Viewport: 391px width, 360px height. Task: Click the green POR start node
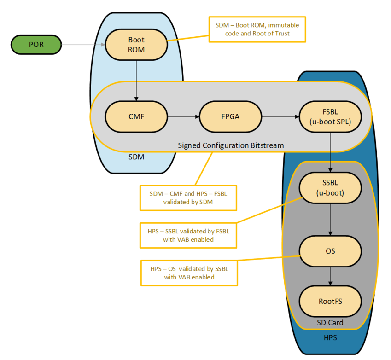36,45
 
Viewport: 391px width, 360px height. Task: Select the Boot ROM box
136,45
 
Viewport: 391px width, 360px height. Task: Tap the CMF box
136,116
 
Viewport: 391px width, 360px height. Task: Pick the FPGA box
231,116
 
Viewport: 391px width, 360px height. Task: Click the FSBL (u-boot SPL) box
330,116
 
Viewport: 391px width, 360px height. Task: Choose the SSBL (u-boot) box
330,188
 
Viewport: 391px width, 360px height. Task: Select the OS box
330,251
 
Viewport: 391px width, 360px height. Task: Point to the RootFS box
330,302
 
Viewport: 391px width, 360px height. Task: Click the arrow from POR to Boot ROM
83,45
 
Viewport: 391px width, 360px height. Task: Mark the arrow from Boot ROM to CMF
136,81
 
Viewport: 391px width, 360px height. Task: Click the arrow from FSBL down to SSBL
330,152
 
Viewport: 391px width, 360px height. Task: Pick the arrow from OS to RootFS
330,277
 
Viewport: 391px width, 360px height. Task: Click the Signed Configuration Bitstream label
231,145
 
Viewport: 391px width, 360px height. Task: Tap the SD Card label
330,323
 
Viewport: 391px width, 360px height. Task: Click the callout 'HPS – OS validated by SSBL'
189,273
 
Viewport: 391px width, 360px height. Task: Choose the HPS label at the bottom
330,338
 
